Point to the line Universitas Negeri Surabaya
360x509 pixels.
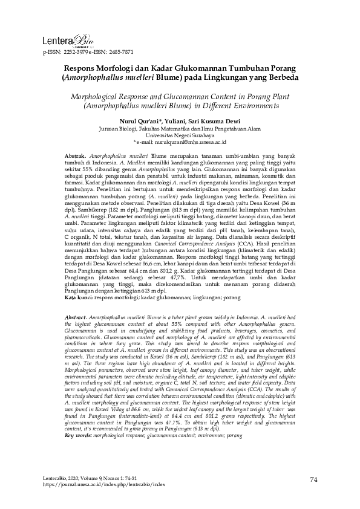coord(180,135)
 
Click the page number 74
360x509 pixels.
coord(313,481)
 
